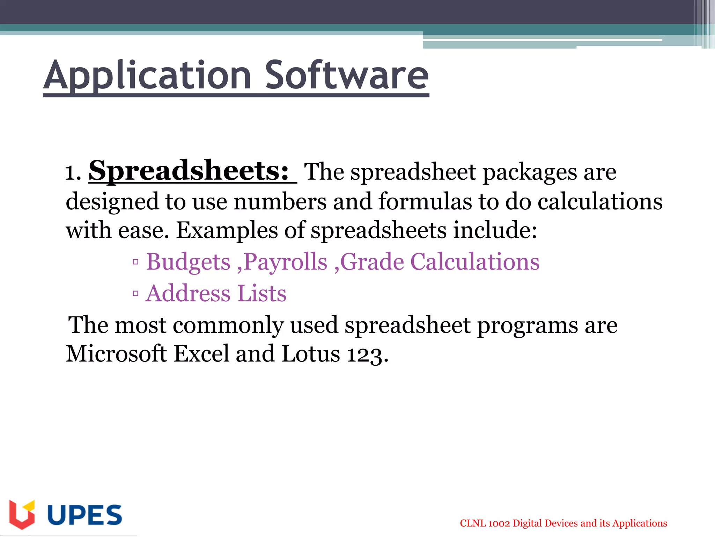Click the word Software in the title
pyautogui.click(x=346, y=76)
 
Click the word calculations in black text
pyautogui.click(x=600, y=202)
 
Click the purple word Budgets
pyautogui.click(x=188, y=262)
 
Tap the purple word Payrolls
pyautogui.click(x=285, y=262)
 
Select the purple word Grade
pyautogui.click(x=372, y=262)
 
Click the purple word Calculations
pyautogui.click(x=475, y=262)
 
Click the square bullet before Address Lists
pyautogui.click(x=135, y=294)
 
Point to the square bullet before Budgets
pyautogui.click(x=135, y=262)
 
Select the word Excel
pyautogui.click(x=201, y=354)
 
